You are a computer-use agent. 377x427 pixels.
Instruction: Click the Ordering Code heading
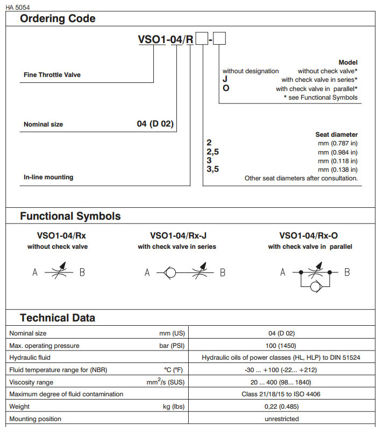tap(58, 19)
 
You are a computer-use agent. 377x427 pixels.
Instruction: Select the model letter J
tap(225, 79)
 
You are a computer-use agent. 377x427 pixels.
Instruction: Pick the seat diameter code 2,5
tap(213, 152)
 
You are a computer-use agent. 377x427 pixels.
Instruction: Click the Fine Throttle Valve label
tap(52, 75)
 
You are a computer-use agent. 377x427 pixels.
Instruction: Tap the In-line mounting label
tap(48, 177)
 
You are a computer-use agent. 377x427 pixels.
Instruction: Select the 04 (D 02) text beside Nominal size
tap(155, 124)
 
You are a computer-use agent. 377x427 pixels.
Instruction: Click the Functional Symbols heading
tap(70, 216)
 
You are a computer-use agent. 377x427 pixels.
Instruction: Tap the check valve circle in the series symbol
tap(170, 272)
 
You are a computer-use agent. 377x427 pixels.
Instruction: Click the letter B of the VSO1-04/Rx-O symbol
tap(347, 272)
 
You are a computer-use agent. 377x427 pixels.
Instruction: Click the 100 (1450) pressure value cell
tap(282, 345)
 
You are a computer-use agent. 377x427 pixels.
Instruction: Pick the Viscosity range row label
tap(32, 382)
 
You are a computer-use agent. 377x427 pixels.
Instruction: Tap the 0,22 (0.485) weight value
tap(282, 407)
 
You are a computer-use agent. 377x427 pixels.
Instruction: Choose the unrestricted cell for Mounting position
tap(282, 419)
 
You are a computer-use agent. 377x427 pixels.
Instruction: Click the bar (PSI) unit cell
tap(172, 345)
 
